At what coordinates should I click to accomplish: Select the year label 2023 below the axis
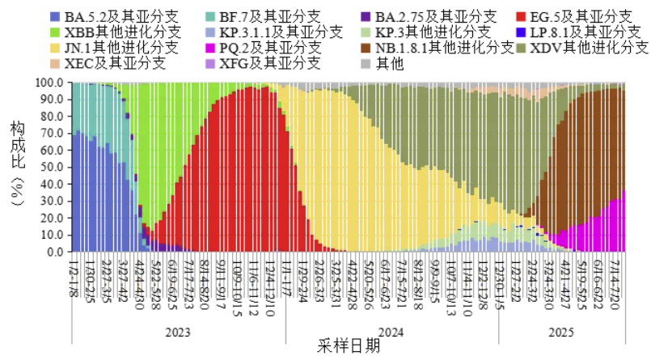(x=178, y=332)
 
